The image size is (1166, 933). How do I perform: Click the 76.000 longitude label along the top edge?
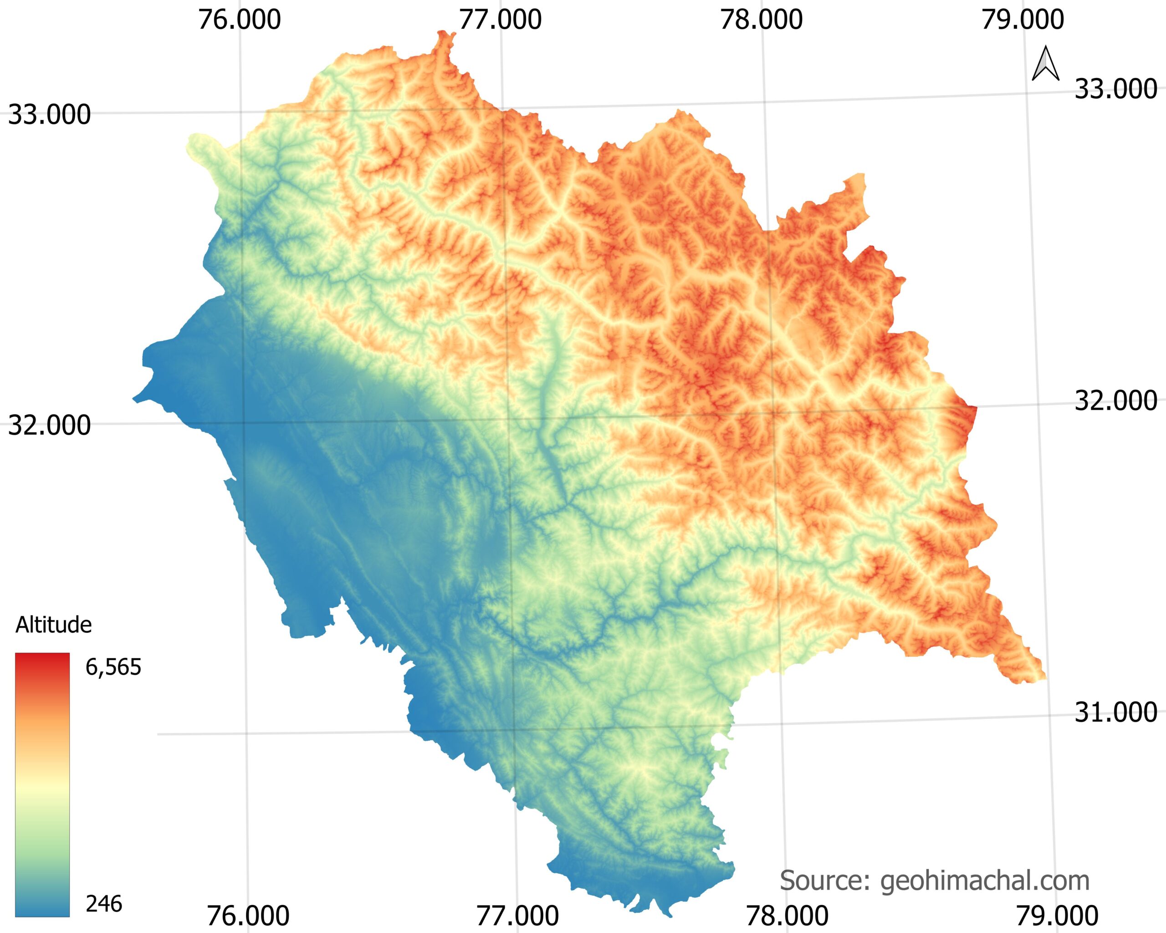(x=239, y=20)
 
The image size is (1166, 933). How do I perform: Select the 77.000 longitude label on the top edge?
(x=500, y=20)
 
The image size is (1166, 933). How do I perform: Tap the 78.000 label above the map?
(x=762, y=20)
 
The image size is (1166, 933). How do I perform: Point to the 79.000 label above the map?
(x=1023, y=20)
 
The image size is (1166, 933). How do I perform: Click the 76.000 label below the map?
(x=248, y=916)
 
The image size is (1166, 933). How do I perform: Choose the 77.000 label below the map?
(x=517, y=916)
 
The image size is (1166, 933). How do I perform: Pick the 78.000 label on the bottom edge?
(x=787, y=916)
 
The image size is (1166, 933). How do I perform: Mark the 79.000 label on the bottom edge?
(x=1057, y=916)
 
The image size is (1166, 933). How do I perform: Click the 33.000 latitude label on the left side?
(x=49, y=115)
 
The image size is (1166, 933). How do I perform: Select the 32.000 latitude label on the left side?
(x=49, y=425)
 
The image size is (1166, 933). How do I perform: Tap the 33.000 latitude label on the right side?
(x=1116, y=89)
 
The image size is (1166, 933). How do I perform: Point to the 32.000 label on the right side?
(x=1116, y=401)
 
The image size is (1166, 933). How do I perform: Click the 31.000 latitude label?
(x=1116, y=713)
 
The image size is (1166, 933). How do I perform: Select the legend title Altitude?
(x=54, y=625)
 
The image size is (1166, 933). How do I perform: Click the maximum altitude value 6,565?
(x=113, y=667)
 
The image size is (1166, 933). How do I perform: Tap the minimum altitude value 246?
(x=104, y=904)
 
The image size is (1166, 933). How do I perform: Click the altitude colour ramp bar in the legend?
(x=42, y=785)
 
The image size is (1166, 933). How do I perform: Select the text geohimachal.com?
(x=985, y=881)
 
